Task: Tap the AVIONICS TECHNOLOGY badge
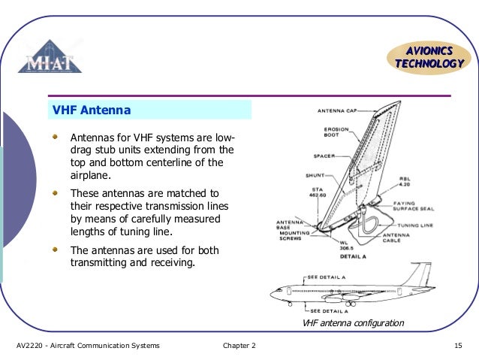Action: pyautogui.click(x=429, y=57)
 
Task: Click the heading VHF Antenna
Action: pyautogui.click(x=91, y=111)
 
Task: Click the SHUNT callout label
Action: pyautogui.click(x=314, y=177)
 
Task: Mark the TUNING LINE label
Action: pyautogui.click(x=417, y=225)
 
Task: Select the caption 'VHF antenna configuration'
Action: pyautogui.click(x=352, y=323)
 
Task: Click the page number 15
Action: pyautogui.click(x=457, y=346)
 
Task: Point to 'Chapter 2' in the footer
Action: pyautogui.click(x=239, y=346)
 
